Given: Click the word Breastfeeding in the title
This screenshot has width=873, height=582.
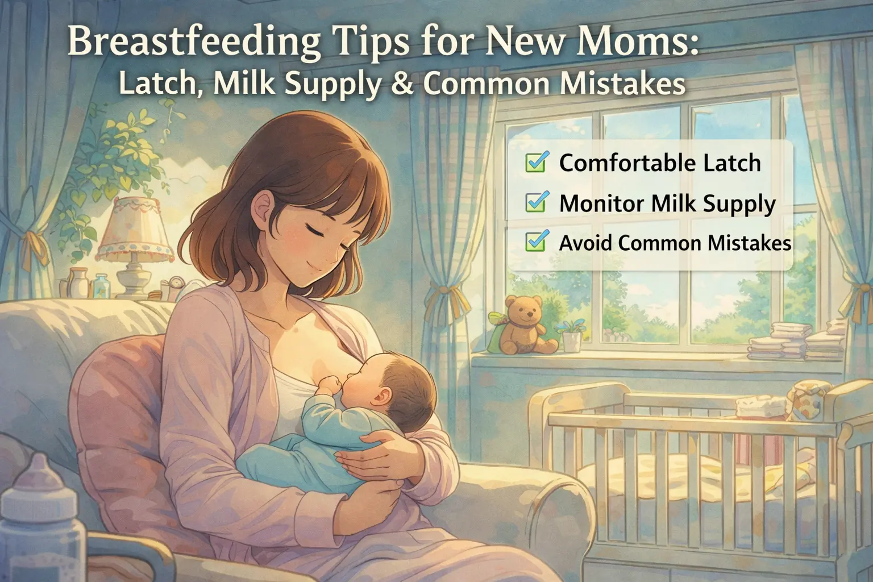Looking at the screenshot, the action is (x=194, y=41).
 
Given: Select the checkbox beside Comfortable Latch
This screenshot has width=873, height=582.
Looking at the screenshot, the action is (x=537, y=161).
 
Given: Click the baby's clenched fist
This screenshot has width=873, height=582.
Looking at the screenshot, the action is (x=331, y=385).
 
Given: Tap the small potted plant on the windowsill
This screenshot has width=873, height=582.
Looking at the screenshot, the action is (x=571, y=335).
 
